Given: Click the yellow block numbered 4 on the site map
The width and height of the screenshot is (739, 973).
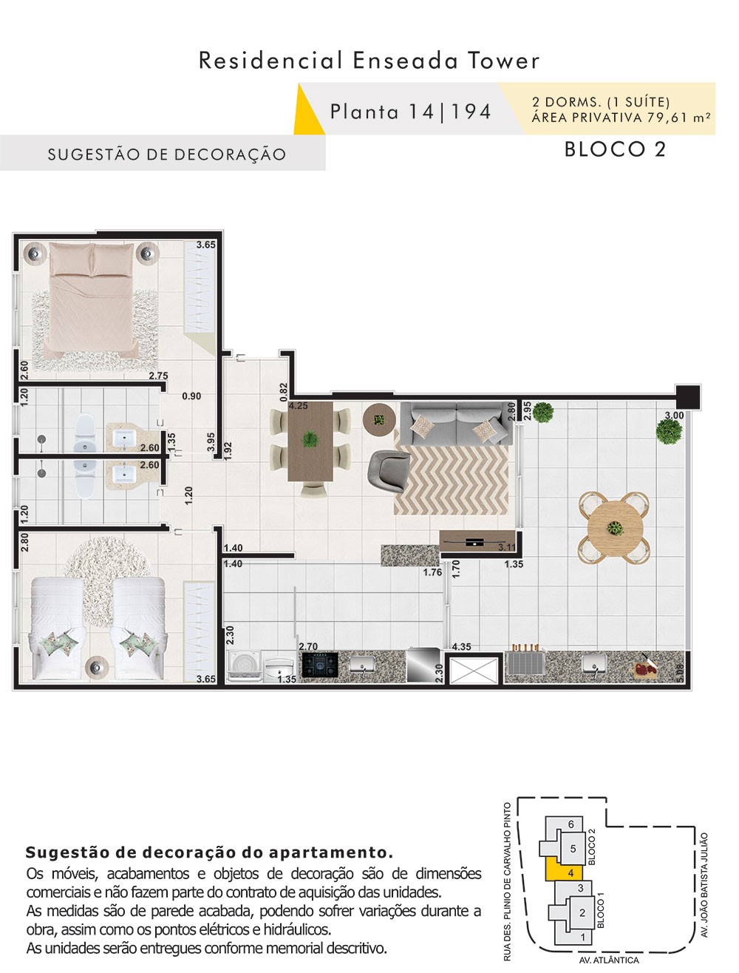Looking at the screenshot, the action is (565, 872).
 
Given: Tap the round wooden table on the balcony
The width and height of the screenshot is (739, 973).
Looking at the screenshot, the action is (615, 527).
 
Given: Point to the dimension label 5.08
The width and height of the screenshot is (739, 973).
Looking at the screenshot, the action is (681, 673).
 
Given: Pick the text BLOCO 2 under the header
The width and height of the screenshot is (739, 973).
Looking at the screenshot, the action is (615, 149).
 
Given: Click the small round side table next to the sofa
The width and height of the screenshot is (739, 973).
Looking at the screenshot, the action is (379, 419).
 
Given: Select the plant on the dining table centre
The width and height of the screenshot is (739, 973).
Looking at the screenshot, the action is (310, 439).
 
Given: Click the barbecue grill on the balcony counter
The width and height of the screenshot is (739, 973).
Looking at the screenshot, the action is (525, 662).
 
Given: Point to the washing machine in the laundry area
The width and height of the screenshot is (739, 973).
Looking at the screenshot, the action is (244, 665).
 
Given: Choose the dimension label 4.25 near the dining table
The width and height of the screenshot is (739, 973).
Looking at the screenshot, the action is (298, 406).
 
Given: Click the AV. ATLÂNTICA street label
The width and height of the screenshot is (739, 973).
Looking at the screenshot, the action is (609, 960).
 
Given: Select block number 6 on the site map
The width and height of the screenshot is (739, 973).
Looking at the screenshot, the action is (571, 824).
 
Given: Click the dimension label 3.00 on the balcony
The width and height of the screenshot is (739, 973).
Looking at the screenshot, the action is (674, 416).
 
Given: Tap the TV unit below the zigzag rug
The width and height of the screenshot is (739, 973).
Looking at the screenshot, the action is (477, 540).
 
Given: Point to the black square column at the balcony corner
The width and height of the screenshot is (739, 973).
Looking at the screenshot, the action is (688, 397).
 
